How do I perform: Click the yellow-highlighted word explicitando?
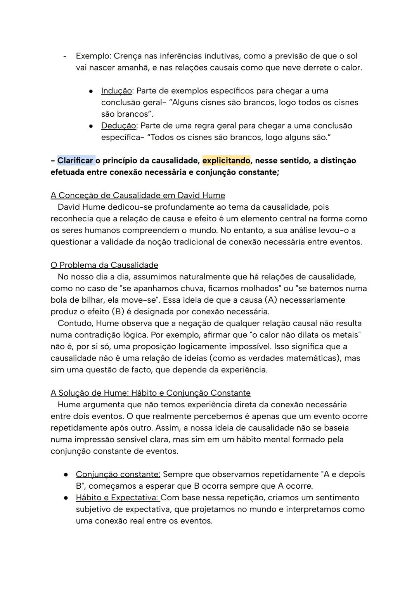(x=226, y=160)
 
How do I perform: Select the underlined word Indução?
(x=116, y=91)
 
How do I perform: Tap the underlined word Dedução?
(x=118, y=126)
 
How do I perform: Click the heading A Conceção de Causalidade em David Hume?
(x=138, y=195)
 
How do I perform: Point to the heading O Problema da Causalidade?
(x=104, y=265)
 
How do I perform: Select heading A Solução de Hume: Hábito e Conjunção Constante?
(x=151, y=393)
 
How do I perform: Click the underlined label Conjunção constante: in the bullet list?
(x=118, y=474)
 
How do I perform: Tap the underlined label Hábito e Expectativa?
(x=118, y=498)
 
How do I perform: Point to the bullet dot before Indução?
(x=90, y=91)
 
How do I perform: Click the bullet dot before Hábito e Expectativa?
(x=66, y=498)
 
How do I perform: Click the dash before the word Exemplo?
(x=65, y=56)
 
